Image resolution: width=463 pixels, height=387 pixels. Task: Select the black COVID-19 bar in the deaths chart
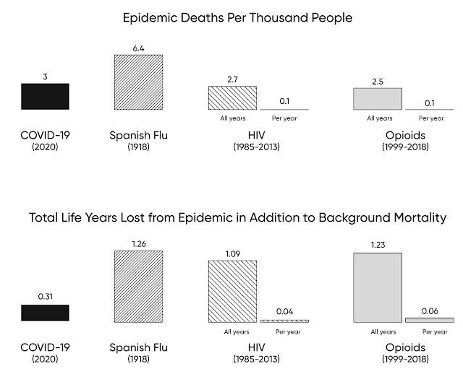[x=45, y=96]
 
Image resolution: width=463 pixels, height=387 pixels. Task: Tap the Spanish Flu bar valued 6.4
[x=138, y=82]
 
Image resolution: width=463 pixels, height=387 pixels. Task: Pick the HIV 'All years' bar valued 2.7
[x=232, y=98]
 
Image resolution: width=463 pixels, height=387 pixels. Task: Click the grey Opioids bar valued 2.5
[x=378, y=99]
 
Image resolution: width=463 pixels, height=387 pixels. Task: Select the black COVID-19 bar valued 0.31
[x=45, y=313]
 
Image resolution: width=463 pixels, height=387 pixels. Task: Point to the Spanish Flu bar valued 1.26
[x=138, y=286]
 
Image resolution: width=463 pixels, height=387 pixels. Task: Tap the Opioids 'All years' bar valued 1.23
[x=378, y=287]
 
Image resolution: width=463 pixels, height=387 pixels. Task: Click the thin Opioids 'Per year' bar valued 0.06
[x=430, y=320]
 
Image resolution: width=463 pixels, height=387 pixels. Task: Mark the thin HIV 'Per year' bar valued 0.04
[x=284, y=321]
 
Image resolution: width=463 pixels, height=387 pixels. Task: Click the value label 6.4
[x=138, y=47]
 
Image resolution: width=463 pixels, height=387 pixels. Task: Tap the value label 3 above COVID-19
[x=45, y=75]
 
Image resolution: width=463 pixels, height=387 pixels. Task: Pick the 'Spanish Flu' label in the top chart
[x=138, y=135]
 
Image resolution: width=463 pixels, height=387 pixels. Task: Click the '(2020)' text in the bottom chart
[x=45, y=360]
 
